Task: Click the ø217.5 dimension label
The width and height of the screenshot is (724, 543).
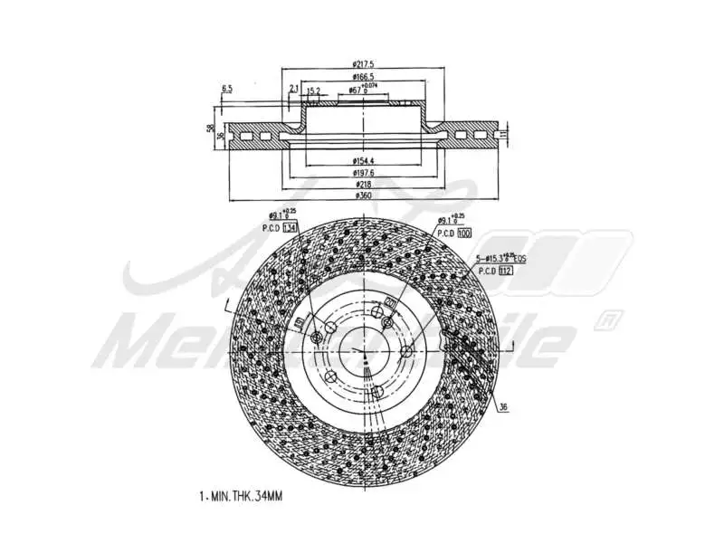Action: [365, 64]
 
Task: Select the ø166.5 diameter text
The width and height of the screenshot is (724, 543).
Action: [365, 78]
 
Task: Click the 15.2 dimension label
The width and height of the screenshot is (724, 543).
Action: [313, 90]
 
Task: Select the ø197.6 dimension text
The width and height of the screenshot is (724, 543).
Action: [364, 172]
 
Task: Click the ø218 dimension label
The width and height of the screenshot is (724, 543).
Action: [363, 184]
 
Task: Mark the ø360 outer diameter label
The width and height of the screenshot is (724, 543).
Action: [363, 195]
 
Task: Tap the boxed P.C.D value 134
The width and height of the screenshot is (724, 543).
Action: [290, 227]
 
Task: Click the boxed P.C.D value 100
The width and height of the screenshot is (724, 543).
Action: [465, 233]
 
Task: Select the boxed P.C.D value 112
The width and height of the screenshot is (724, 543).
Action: [506, 270]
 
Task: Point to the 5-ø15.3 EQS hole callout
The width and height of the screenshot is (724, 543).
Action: [502, 258]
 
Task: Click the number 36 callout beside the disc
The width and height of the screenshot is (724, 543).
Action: [502, 406]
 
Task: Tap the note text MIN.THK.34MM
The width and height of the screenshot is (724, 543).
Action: [243, 497]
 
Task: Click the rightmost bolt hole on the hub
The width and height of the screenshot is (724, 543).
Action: [406, 351]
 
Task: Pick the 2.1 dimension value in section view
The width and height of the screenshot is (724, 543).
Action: [294, 89]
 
